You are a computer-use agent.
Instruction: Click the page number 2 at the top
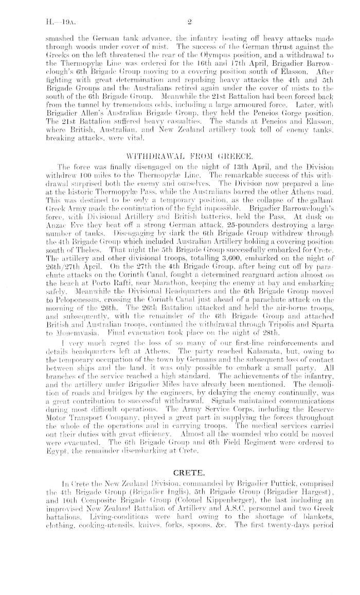pyautogui.click(x=189, y=22)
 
